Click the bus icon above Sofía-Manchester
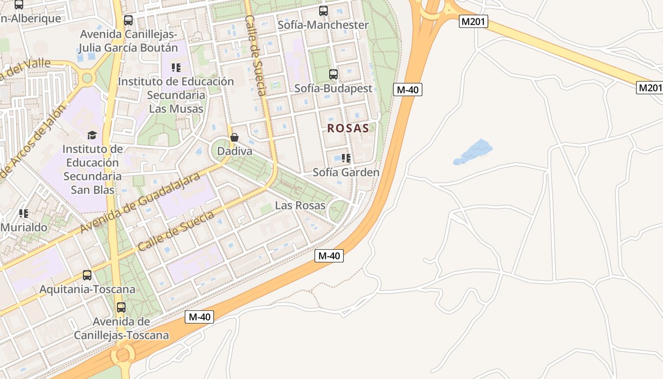323,11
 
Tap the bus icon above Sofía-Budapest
333,74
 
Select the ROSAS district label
348,128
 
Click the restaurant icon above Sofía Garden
346,158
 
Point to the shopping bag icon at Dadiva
234,137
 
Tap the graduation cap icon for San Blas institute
92,135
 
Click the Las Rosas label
300,206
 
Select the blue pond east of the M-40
473,152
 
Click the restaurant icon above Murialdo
24,214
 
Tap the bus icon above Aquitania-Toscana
87,275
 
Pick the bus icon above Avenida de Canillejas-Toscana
121,307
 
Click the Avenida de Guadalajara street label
140,203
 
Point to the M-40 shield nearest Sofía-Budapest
407,90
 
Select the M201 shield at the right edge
649,88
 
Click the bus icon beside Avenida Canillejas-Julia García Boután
128,20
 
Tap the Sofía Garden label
346,172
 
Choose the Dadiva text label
234,151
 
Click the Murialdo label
24,227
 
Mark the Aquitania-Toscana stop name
87,289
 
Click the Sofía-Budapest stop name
333,89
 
